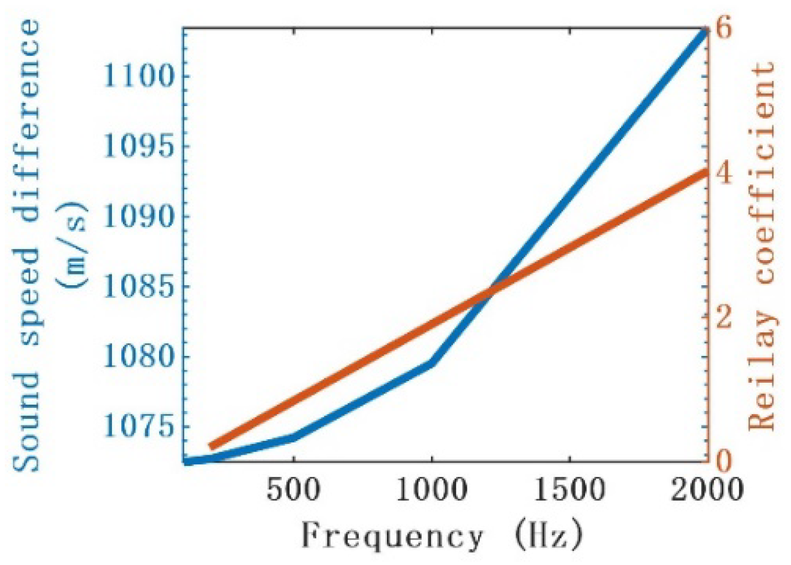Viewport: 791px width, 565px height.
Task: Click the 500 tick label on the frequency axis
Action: [293, 489]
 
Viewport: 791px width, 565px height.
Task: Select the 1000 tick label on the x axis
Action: [432, 489]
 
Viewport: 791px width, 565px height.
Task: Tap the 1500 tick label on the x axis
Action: [570, 489]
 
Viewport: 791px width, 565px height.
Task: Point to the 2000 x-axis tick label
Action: [706, 489]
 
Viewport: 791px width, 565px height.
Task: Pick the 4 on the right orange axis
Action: [725, 174]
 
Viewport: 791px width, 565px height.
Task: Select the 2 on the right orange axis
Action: [725, 317]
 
